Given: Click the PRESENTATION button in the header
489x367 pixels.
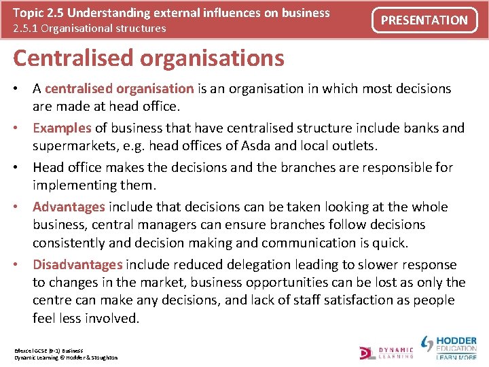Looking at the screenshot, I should pos(424,20).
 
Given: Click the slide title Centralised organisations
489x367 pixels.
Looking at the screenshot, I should pos(148,58).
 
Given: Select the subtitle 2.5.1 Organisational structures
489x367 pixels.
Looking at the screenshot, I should pos(89,28).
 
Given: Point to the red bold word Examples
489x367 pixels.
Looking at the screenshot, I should pos(62,128).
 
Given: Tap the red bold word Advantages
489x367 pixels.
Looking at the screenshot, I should pos(69,207).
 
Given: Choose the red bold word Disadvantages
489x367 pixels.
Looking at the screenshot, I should pos(77,264).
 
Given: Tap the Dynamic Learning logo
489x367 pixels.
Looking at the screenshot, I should pos(386,351).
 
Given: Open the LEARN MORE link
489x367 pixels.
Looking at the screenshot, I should pos(456,357).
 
